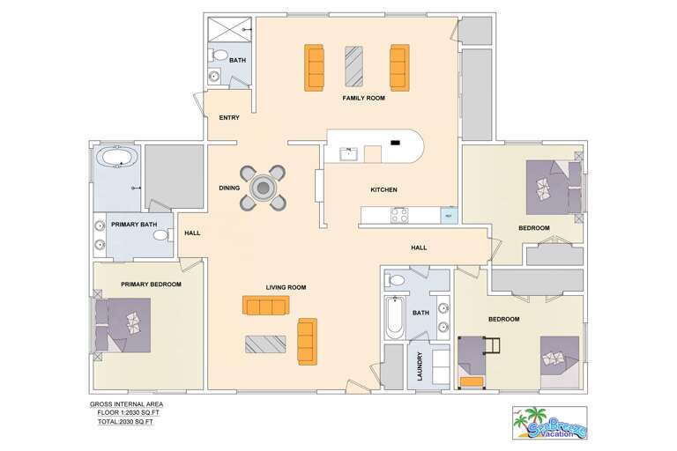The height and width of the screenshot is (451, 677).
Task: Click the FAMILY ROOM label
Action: [364, 99]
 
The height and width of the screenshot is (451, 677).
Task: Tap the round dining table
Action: [263, 188]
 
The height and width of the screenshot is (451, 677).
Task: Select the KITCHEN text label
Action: [383, 190]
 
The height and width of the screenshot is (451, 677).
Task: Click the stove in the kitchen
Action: [399, 214]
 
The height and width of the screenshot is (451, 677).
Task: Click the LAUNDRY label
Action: [420, 366]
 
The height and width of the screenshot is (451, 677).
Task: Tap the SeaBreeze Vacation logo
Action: [548, 423]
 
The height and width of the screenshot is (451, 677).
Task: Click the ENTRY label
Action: [229, 117]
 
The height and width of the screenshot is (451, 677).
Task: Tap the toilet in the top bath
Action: [218, 55]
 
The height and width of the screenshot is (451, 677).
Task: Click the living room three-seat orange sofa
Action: [265, 306]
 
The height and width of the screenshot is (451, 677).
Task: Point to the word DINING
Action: [229, 188]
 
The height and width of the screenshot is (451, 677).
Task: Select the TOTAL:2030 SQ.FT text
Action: [125, 422]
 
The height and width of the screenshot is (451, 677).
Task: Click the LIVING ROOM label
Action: [286, 287]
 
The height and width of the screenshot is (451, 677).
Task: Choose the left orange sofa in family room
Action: [315, 67]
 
